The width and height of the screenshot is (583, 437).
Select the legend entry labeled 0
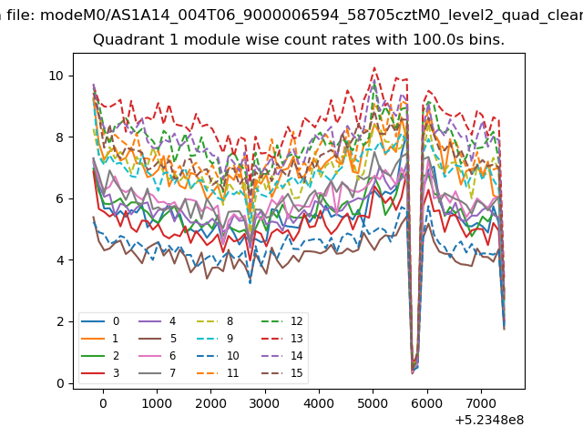tap(100, 321)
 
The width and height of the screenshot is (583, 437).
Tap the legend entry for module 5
tap(158, 339)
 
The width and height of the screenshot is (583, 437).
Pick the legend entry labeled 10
tap(218, 356)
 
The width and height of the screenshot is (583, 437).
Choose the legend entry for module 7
tap(158, 372)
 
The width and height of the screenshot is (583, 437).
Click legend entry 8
tap(215, 321)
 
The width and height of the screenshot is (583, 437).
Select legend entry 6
tap(158, 356)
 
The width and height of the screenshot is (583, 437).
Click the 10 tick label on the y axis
tap(56, 76)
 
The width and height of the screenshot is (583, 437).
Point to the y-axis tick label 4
tap(60, 260)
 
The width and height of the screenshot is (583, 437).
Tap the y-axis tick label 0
tap(60, 383)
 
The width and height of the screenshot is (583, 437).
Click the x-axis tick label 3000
tap(264, 403)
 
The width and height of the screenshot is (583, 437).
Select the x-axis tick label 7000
tap(481, 403)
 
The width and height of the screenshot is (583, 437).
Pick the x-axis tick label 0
tap(103, 403)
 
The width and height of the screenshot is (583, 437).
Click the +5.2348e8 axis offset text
tap(489, 420)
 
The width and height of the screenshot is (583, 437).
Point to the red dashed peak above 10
tap(374, 68)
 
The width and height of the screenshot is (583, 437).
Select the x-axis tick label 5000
tap(373, 403)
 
